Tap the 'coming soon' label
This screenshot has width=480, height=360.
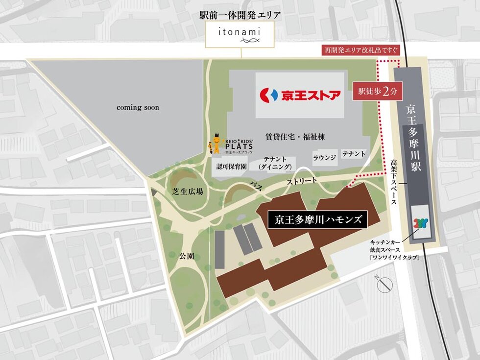[x=138, y=107]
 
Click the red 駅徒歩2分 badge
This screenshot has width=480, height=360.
[x=374, y=92]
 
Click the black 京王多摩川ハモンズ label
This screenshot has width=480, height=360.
[x=317, y=219]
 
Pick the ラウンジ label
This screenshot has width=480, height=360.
[x=324, y=158]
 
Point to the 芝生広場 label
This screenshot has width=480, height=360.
[x=188, y=192]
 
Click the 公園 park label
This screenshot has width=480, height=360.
[x=186, y=256]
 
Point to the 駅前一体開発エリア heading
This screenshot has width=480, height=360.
[x=240, y=15]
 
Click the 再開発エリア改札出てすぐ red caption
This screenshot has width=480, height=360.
[x=360, y=50]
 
